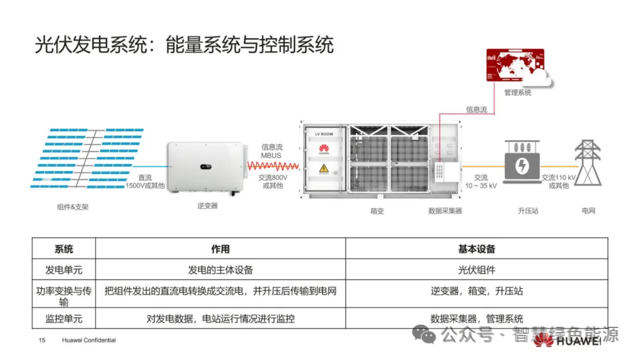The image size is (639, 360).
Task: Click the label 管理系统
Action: pos(518,93)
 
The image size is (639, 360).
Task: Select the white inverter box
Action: pos(205,166)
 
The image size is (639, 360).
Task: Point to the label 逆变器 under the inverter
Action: pos(207,206)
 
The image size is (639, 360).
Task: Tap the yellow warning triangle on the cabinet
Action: pos(324,170)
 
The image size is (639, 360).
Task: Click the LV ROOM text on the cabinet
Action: pos(324,134)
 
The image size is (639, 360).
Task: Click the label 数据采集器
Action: pos(445,211)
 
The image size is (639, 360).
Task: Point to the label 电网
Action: pos(588,211)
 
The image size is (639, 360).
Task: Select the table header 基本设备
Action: pos(476,249)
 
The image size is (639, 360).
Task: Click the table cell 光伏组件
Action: pos(476,270)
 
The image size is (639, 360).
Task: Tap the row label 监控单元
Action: pos(64,319)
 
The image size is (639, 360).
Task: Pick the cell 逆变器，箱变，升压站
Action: pos(476,291)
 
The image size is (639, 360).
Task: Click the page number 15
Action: pos(42,340)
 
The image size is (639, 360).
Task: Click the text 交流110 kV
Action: pos(559,177)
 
